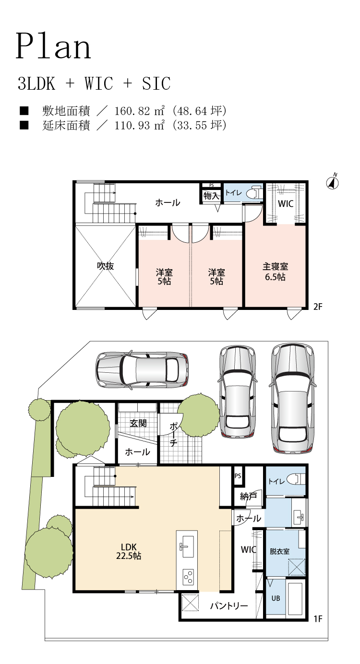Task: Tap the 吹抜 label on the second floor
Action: tap(105, 266)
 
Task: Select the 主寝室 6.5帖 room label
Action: tap(275, 272)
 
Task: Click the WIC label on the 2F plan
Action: tap(286, 203)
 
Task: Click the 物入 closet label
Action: tap(211, 196)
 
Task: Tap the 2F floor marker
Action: tap(318, 307)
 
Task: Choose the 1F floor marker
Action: tap(318, 618)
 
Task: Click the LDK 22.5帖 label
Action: tap(129, 551)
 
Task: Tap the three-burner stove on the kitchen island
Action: tap(188, 577)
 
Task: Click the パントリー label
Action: tap(229, 605)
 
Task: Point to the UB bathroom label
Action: tap(276, 598)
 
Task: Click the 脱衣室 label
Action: tap(280, 551)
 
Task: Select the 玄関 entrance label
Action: tap(138, 423)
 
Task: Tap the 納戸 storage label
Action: tap(248, 496)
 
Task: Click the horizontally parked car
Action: tap(142, 369)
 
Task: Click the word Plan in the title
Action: tap(53, 47)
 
